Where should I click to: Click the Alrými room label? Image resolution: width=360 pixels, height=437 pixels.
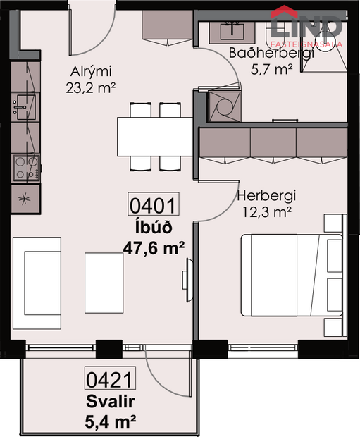[x=92, y=71]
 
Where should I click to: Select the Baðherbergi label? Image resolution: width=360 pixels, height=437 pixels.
[x=260, y=54]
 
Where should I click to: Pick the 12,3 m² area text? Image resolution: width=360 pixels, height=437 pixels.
[x=265, y=211]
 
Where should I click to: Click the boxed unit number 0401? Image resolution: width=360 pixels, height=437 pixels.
[x=151, y=208]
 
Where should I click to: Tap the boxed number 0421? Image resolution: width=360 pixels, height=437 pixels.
[x=109, y=381]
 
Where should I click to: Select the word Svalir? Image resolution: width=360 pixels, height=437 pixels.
[x=109, y=402]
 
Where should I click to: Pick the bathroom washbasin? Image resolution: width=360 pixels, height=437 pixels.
[x=229, y=30]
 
